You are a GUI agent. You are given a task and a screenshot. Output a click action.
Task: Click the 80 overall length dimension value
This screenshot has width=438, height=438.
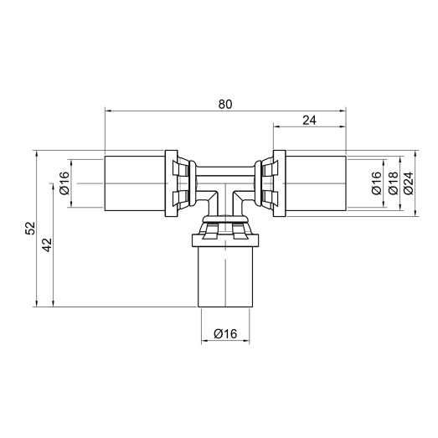click(224, 104)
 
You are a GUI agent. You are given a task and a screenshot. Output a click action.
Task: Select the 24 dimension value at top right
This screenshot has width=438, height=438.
click(308, 120)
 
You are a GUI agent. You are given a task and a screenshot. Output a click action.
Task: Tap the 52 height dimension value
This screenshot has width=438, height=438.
click(30, 228)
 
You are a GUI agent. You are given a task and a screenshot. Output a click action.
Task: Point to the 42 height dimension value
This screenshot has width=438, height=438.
click(47, 245)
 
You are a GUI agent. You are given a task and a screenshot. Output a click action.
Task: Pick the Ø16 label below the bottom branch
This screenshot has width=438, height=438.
click(225, 333)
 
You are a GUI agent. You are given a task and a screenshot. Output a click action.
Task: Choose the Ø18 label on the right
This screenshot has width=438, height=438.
click(391, 184)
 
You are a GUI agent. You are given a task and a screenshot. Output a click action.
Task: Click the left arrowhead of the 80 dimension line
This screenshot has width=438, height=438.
click(108, 111)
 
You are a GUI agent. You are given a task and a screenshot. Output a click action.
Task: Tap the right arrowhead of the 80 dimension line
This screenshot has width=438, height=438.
click(341, 111)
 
